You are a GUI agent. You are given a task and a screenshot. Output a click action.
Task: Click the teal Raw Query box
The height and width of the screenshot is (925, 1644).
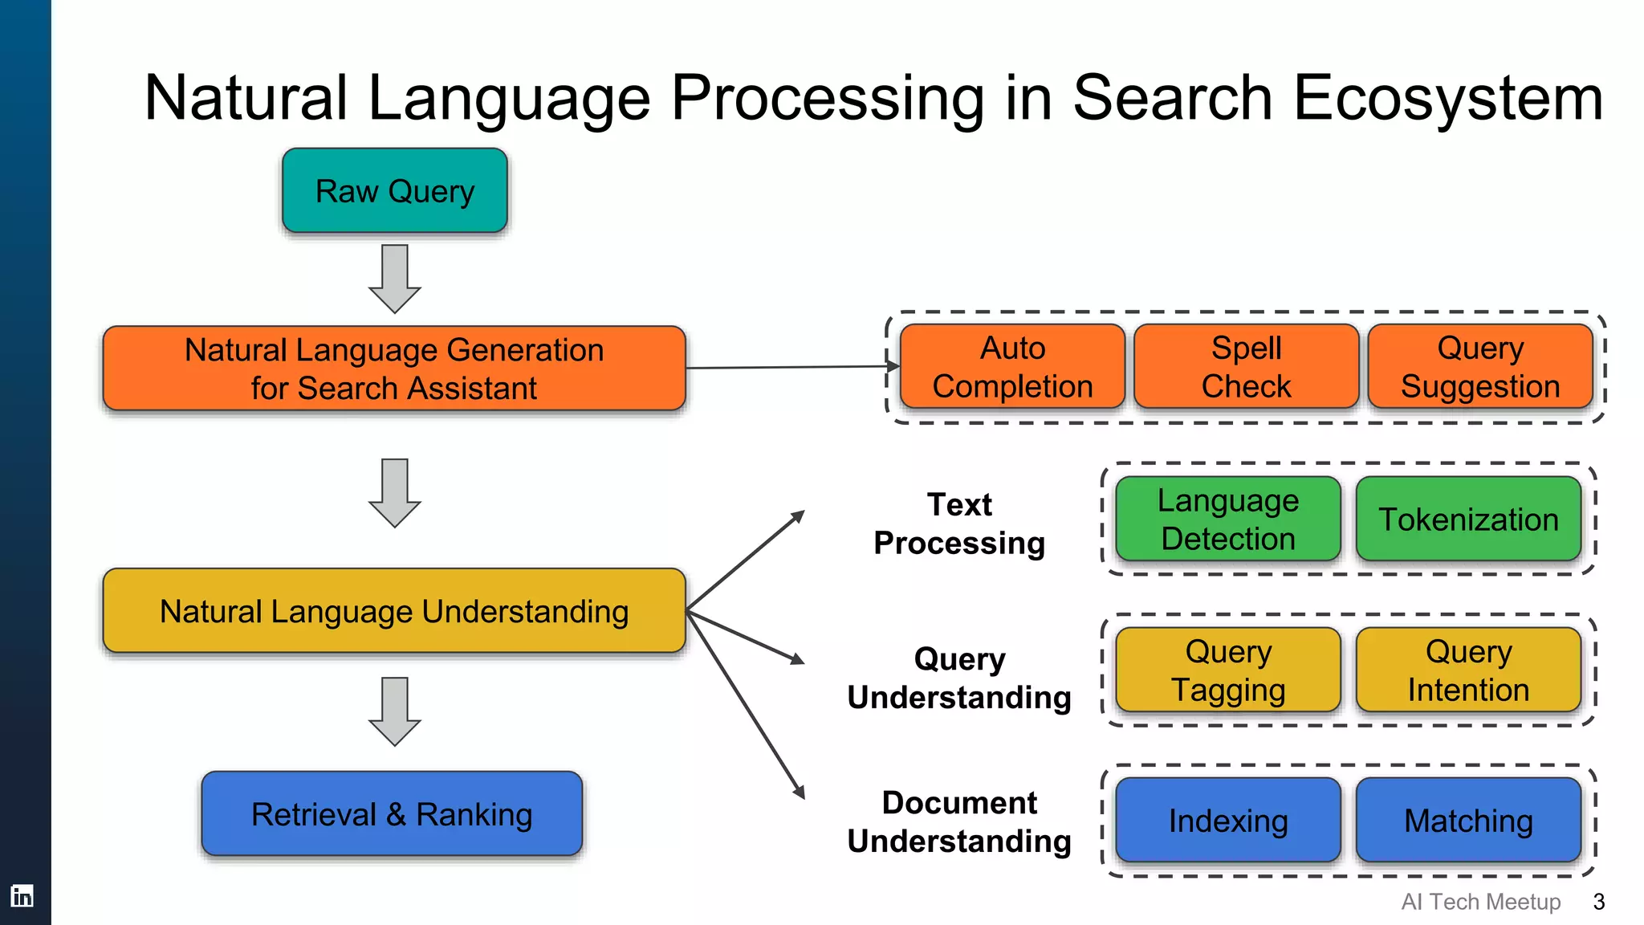(x=394, y=191)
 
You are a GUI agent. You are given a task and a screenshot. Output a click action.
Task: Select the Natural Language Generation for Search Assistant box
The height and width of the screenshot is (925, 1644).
(x=394, y=369)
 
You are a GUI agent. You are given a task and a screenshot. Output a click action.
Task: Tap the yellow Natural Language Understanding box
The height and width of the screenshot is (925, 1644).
(x=394, y=611)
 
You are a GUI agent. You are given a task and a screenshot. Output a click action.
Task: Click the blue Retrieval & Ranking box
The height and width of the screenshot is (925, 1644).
(x=392, y=814)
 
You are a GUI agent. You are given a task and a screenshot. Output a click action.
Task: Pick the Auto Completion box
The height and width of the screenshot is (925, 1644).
(x=1012, y=367)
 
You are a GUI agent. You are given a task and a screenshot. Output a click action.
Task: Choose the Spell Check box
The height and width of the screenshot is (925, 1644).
(x=1246, y=367)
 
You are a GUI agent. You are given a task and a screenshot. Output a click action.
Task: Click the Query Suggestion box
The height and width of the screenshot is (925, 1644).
(x=1480, y=367)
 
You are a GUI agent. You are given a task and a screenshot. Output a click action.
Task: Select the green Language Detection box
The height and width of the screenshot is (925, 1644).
(x=1228, y=519)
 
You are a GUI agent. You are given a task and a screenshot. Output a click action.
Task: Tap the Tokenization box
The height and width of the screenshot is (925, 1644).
(x=1468, y=519)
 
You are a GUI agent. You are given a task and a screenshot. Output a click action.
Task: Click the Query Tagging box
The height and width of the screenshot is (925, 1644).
(x=1228, y=670)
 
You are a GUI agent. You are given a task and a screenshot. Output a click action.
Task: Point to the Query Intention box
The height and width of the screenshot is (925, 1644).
(x=1468, y=670)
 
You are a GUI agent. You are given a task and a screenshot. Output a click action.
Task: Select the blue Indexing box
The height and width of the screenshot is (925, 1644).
(x=1228, y=820)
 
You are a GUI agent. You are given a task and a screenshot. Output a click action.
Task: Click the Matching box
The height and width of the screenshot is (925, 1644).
(x=1468, y=820)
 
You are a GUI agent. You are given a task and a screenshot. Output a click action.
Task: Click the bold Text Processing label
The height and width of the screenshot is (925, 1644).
(x=959, y=524)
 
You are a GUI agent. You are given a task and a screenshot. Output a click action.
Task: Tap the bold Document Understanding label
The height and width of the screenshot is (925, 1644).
(x=959, y=821)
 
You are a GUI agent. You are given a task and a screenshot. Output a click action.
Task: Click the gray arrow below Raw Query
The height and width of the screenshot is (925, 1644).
(x=394, y=278)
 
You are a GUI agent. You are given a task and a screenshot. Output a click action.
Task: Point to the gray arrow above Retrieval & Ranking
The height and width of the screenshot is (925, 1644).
(x=394, y=711)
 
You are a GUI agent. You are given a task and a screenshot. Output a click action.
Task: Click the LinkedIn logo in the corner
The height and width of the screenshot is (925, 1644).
(x=22, y=895)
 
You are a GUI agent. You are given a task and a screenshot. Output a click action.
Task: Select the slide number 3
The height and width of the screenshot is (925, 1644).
(x=1598, y=902)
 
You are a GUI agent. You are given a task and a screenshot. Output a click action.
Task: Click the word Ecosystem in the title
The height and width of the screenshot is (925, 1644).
(x=1448, y=98)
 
